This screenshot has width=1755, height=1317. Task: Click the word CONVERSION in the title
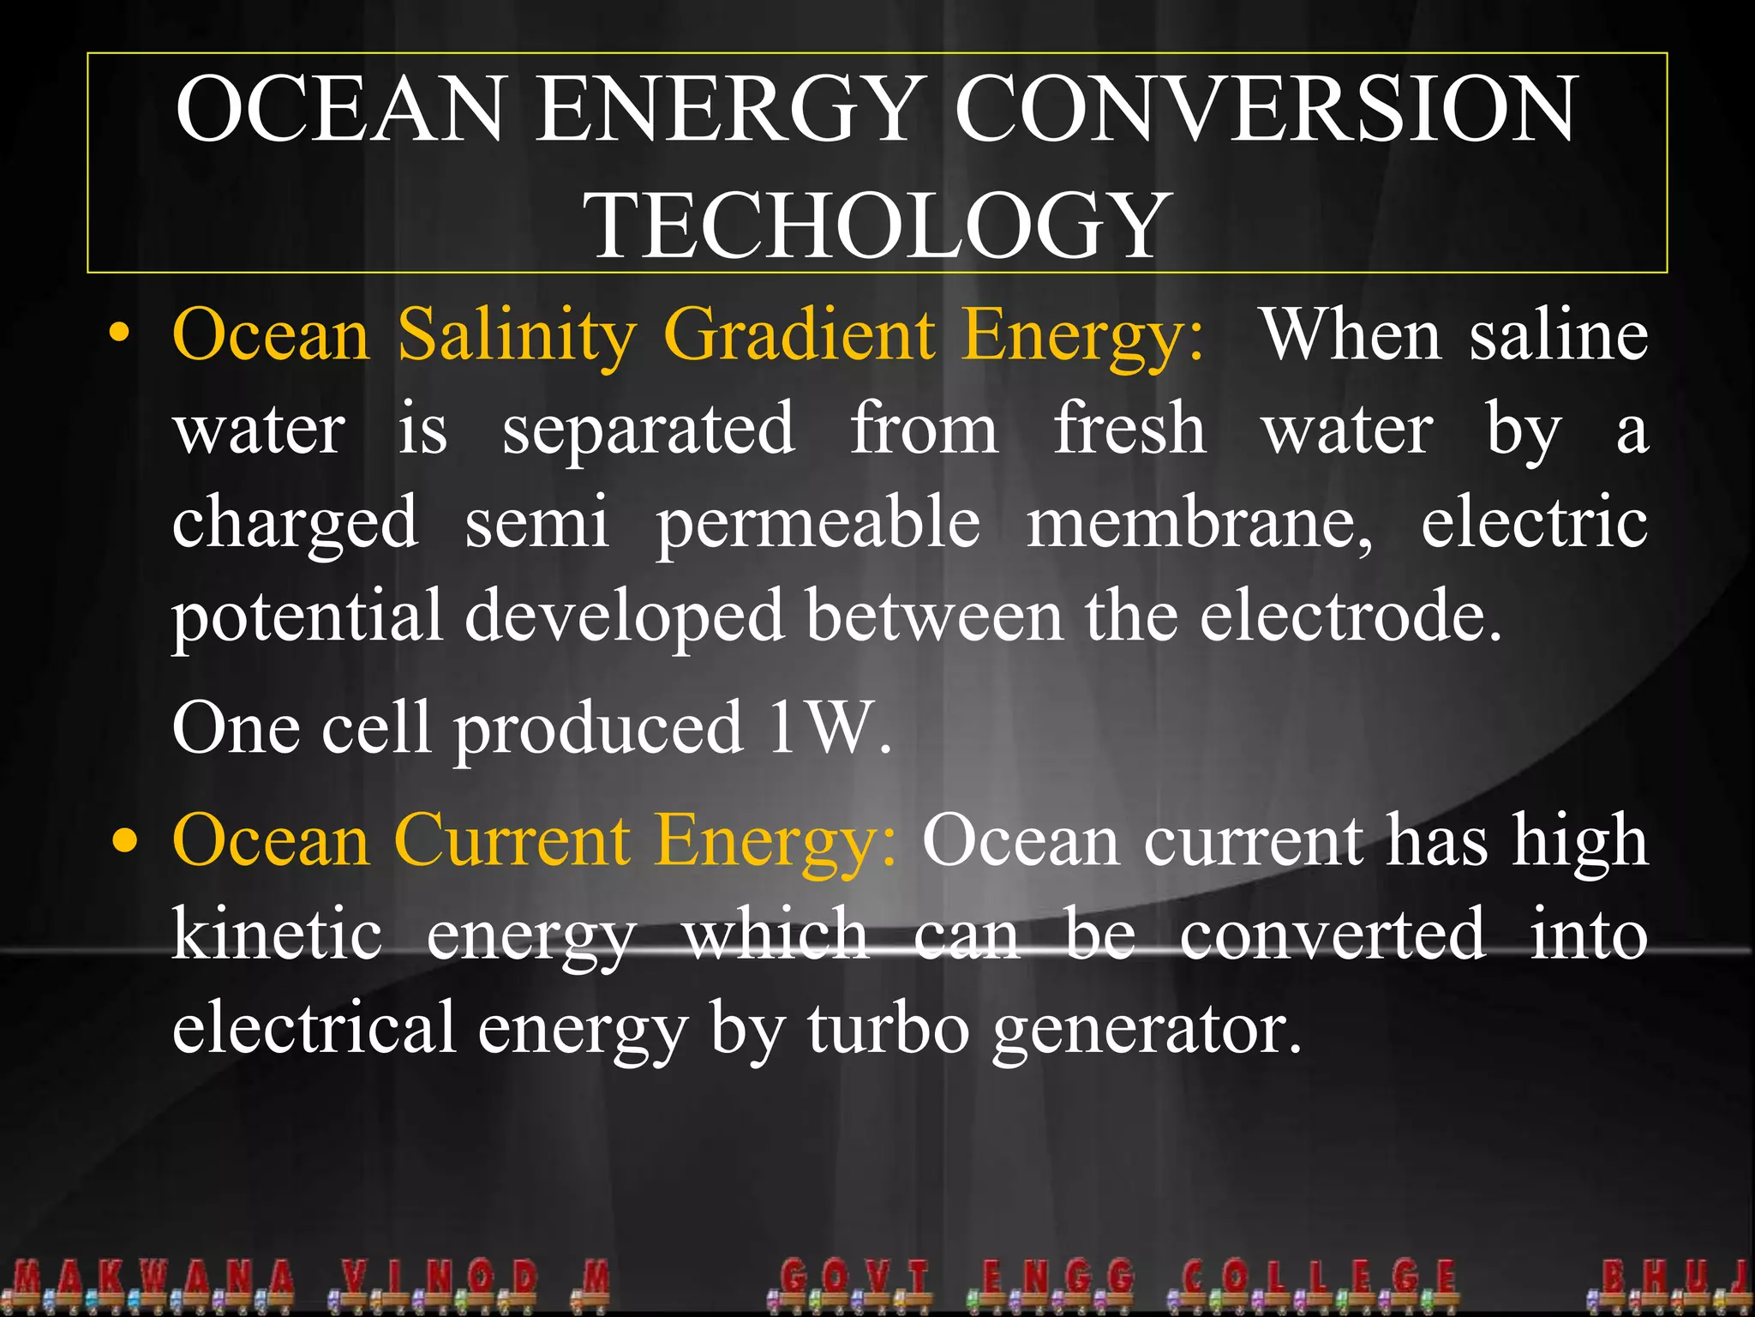click(1264, 109)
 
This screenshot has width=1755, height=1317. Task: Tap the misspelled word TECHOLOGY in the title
click(877, 225)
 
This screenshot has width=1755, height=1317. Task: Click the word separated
click(649, 430)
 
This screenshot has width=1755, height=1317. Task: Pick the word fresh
click(1129, 428)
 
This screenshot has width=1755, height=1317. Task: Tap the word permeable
click(818, 523)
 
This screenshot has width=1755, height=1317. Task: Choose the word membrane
click(1199, 523)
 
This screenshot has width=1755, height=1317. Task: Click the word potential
click(308, 616)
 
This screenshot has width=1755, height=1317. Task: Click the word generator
click(1147, 1029)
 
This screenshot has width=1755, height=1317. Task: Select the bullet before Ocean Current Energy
click(126, 841)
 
